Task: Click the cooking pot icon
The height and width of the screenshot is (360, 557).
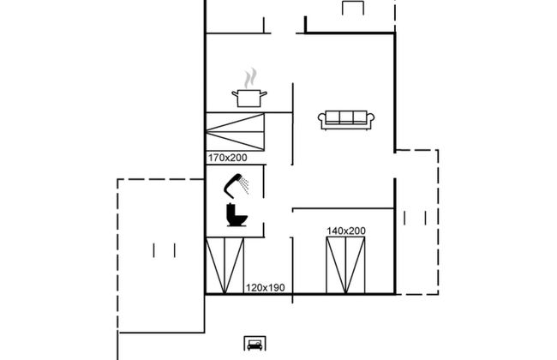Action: tap(249, 98)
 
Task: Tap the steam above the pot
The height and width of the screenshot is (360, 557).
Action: tap(251, 78)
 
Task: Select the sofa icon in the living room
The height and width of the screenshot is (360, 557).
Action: tap(346, 120)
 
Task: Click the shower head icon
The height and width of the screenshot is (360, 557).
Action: tap(237, 185)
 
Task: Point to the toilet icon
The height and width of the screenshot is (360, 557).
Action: tap(237, 214)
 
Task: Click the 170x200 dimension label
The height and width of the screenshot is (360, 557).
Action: tap(227, 158)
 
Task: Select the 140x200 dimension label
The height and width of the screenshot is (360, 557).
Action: tap(346, 231)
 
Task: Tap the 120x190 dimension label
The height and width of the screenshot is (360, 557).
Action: tap(266, 288)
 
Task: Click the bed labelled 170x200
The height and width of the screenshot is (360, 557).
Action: tap(235, 132)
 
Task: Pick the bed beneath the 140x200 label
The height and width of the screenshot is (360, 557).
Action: tap(345, 266)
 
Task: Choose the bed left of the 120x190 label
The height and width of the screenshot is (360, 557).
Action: tap(225, 266)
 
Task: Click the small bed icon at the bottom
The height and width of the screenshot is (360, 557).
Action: tap(255, 344)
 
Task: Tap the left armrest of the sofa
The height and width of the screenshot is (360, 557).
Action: tap(322, 120)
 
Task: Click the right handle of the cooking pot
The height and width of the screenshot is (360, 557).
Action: tap(264, 94)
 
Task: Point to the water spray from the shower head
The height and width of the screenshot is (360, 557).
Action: tap(244, 186)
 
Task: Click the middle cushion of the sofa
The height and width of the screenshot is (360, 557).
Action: tap(346, 117)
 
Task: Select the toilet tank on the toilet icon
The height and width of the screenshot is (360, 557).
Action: tap(231, 211)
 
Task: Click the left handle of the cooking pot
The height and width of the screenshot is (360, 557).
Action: tap(235, 94)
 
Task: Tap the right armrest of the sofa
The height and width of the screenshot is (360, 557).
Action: tap(370, 120)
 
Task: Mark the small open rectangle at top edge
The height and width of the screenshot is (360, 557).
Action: tap(353, 8)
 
